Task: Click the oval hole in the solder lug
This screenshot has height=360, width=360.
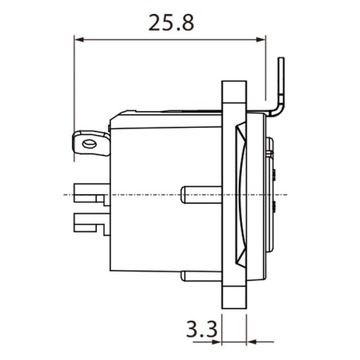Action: (92, 146)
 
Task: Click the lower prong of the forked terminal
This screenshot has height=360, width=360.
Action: (90, 213)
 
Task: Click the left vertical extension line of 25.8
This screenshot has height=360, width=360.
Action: (77, 90)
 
